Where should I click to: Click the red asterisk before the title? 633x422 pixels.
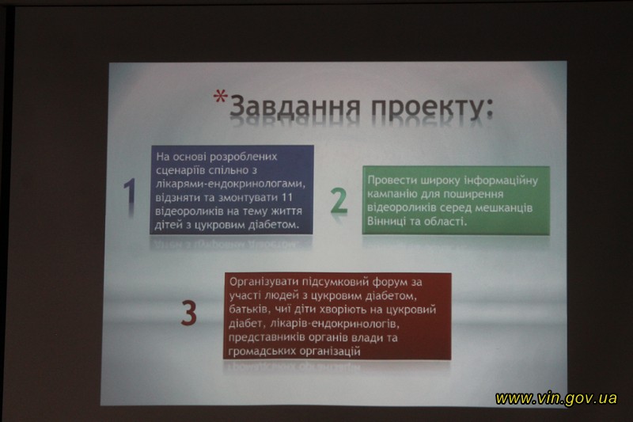[221, 97]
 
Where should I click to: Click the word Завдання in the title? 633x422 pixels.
[294, 108]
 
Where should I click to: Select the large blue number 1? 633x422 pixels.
[130, 192]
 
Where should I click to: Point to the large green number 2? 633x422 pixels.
[339, 200]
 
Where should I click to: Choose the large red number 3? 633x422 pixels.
[188, 313]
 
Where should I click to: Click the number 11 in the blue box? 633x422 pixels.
[286, 198]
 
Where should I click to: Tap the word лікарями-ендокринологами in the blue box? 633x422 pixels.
[230, 184]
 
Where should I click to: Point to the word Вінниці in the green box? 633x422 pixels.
[387, 222]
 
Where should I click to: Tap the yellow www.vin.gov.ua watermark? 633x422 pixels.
[556, 398]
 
